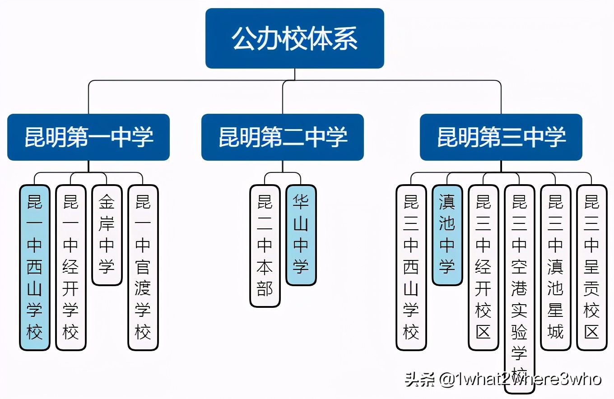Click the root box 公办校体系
pos(294,38)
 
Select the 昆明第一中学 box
pos(88,137)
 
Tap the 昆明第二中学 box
pos(283,137)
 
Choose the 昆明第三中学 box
pos(501,137)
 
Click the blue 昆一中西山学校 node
pos(35,267)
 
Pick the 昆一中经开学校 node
pos(71,267)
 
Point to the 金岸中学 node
pos(107,235)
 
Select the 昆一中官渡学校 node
pos(143,267)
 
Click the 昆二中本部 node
pos(265,246)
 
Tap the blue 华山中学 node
pos(301,235)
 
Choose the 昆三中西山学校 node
pos(411,267)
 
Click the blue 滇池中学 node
pos(447,235)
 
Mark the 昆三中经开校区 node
pos(484,267)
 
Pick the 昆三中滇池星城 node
pos(556,267)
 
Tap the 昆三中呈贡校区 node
pos(592,267)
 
